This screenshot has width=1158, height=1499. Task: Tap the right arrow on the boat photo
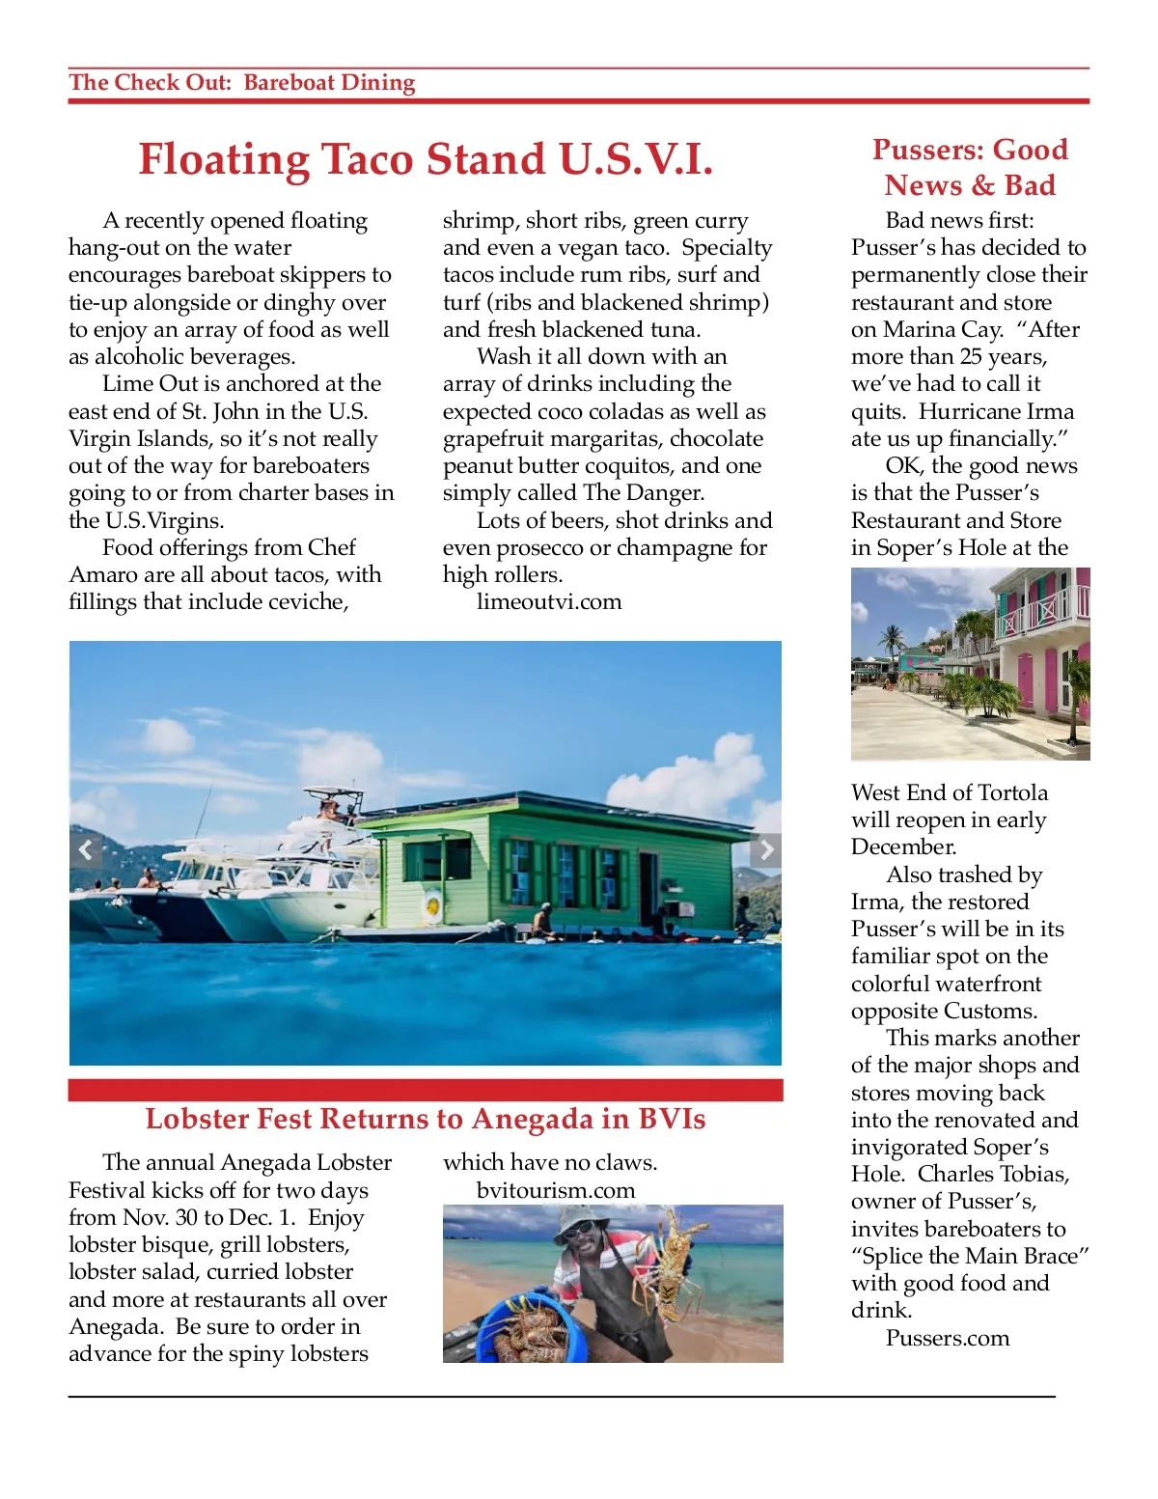coord(766,849)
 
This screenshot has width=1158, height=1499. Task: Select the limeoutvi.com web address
coord(549,602)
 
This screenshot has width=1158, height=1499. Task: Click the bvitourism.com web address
coord(556,1190)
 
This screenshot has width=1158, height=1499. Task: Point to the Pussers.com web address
coord(948,1338)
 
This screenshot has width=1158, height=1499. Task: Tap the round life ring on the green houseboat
coord(433,905)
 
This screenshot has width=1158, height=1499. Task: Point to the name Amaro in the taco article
coord(101,575)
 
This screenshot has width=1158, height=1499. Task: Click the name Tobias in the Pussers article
coord(1040,1175)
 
